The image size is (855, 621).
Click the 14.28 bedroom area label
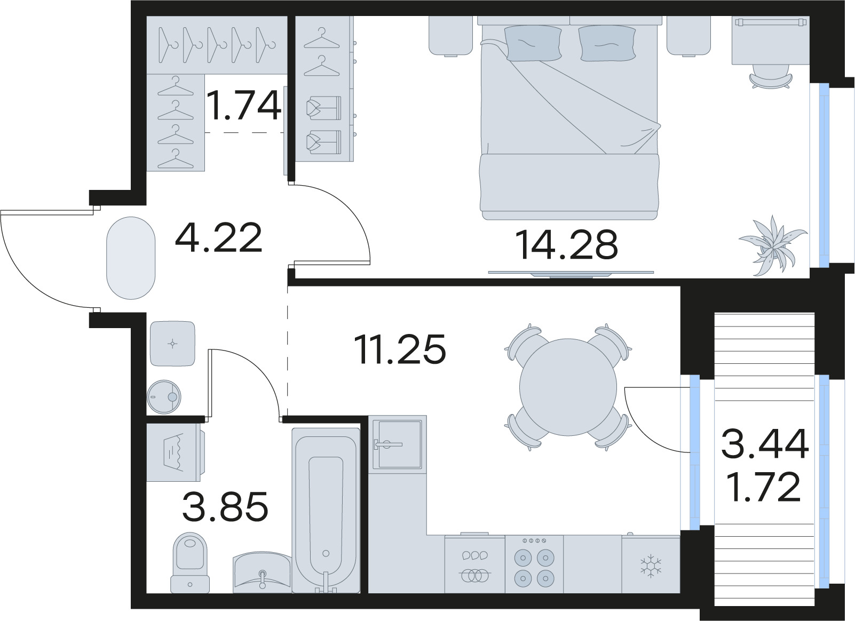tap(566, 245)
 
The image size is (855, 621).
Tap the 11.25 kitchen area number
tap(400, 349)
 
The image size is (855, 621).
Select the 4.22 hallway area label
tap(218, 237)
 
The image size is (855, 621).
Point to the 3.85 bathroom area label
tap(225, 506)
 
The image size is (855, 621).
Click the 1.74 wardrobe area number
tap(244, 105)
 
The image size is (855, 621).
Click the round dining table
tap(568, 387)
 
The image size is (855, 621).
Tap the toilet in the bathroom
tap(189, 563)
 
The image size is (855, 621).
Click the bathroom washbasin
tap(262, 572)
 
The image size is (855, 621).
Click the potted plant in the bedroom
tap(773, 245)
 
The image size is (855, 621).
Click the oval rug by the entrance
tap(131, 258)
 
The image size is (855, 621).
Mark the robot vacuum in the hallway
tap(164, 397)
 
